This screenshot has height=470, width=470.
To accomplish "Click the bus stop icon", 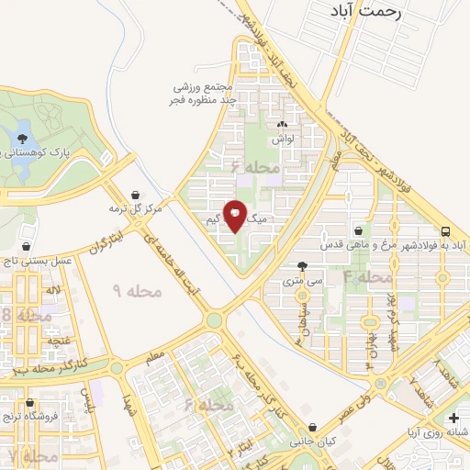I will [x=445, y=231].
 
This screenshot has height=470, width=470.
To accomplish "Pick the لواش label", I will [x=281, y=139].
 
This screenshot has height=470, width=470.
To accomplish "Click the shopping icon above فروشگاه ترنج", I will [x=30, y=403].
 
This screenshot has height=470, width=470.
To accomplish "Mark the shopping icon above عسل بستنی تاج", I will [x=28, y=247].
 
